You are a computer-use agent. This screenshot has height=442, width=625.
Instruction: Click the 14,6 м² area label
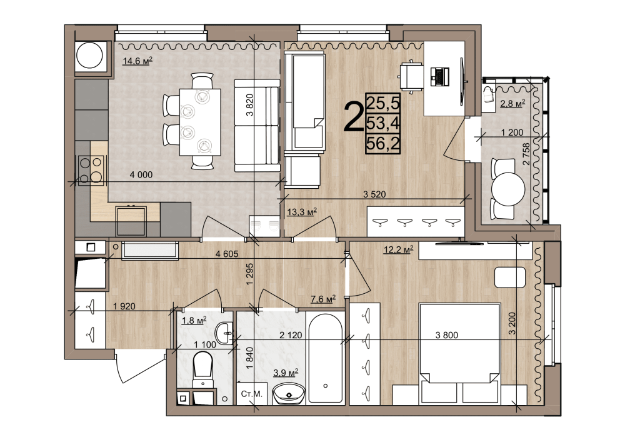(137, 61)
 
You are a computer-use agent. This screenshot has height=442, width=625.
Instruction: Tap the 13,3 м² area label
(302, 212)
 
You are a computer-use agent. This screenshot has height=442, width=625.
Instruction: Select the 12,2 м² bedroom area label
(398, 250)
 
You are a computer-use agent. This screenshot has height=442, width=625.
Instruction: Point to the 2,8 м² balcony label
(512, 104)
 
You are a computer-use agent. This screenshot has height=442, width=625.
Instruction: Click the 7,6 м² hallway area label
(323, 298)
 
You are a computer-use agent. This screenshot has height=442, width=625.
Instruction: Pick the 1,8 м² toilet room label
(194, 321)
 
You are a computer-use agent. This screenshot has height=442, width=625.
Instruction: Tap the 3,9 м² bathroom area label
(286, 373)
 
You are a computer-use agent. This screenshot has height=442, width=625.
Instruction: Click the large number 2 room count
(354, 116)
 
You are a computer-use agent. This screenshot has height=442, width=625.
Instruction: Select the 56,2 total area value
(382, 144)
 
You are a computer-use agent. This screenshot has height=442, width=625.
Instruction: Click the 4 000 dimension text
(141, 175)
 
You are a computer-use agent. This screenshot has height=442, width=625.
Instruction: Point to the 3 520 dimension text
(374, 194)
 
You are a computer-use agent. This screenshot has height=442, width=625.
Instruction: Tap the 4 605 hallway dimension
(227, 254)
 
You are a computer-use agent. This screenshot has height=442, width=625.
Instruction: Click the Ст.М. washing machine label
(252, 394)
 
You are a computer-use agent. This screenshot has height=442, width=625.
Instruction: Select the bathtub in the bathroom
(326, 358)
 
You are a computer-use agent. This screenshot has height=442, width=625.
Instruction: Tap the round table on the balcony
(508, 189)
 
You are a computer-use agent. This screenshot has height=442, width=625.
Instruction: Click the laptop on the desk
(439, 76)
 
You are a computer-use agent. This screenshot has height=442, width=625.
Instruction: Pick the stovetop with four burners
(91, 170)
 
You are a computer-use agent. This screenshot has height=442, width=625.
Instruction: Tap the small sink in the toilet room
(225, 333)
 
